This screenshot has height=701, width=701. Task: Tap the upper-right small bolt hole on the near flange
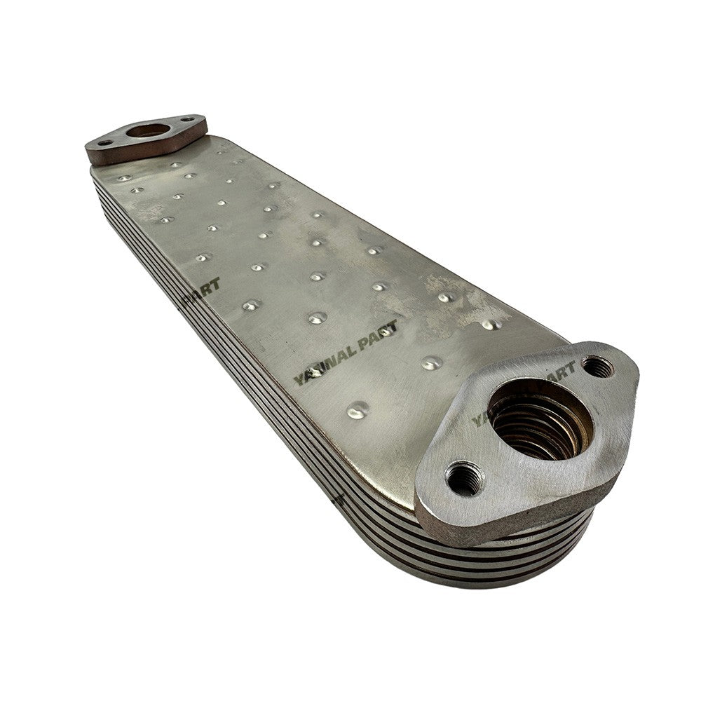tap(597, 366)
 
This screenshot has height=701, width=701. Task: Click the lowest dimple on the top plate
tap(358, 410)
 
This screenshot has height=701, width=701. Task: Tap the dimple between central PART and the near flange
tap(431, 362)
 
